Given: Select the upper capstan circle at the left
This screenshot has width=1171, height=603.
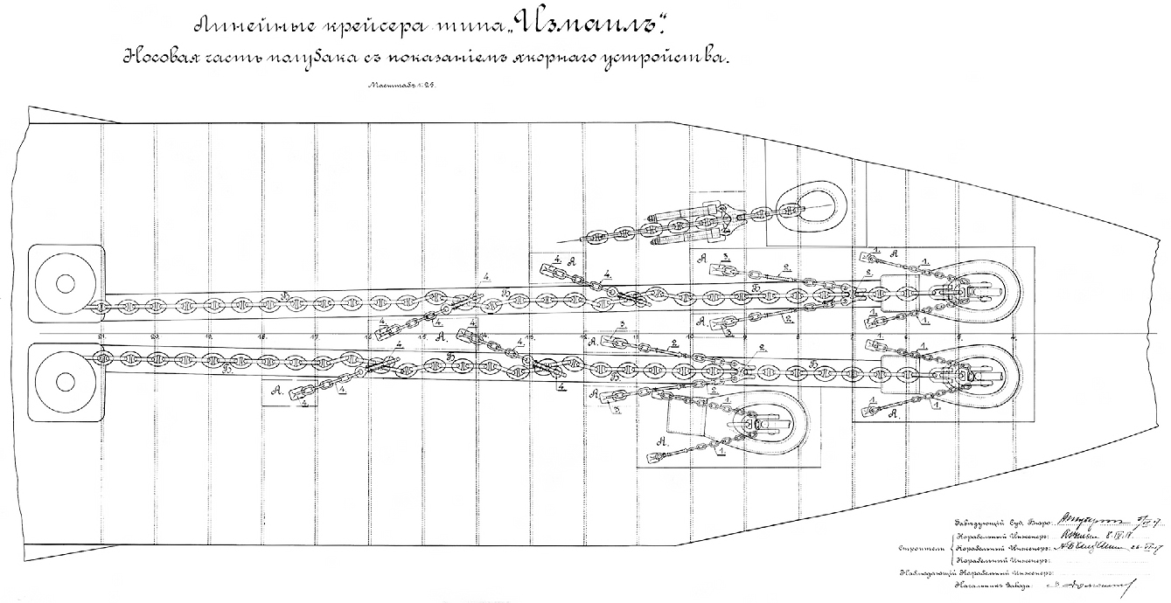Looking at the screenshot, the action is point(65,284).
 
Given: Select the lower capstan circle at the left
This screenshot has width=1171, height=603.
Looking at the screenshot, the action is point(65,382).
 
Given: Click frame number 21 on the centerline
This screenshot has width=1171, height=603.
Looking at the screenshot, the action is point(102,336).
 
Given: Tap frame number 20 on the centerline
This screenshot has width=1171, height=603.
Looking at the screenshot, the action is point(155,336).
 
